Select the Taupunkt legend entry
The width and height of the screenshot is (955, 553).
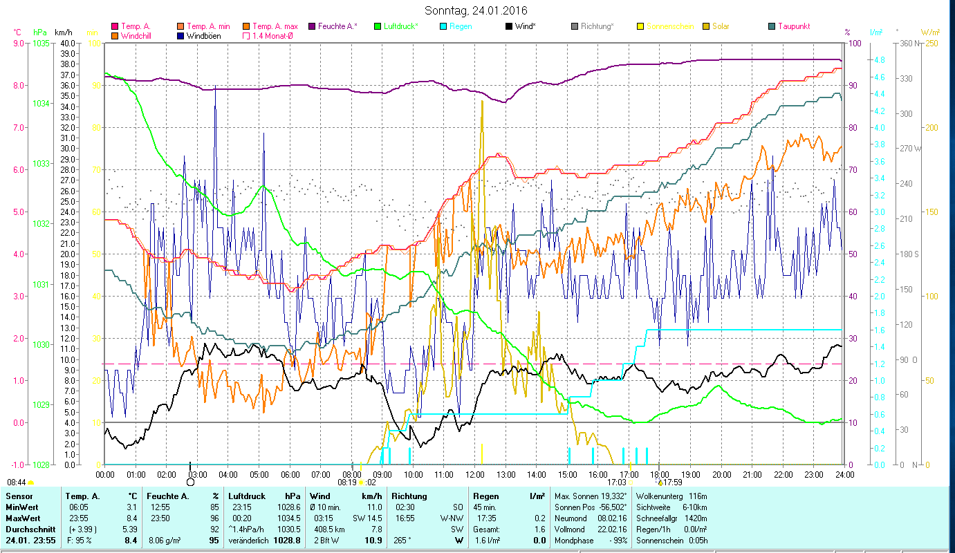(x=793, y=26)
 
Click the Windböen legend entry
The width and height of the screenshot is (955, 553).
(x=203, y=36)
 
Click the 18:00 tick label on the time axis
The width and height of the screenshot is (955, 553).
(x=660, y=475)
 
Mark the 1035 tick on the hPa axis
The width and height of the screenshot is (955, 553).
(x=41, y=44)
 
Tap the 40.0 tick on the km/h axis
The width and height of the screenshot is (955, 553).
(x=67, y=44)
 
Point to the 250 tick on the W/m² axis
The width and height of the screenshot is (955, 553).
(x=929, y=44)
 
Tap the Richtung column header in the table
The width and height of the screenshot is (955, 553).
(x=409, y=496)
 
